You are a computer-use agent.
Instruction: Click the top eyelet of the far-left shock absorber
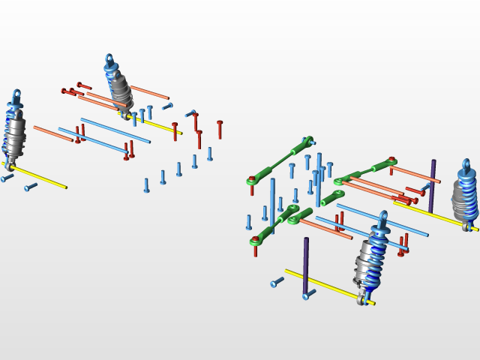point(16,94)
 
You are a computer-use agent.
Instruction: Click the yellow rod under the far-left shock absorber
point(41,177)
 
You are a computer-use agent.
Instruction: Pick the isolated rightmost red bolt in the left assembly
point(220,129)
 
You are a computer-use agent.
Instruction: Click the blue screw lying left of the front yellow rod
point(277,283)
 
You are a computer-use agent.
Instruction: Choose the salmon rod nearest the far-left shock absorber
point(52,133)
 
